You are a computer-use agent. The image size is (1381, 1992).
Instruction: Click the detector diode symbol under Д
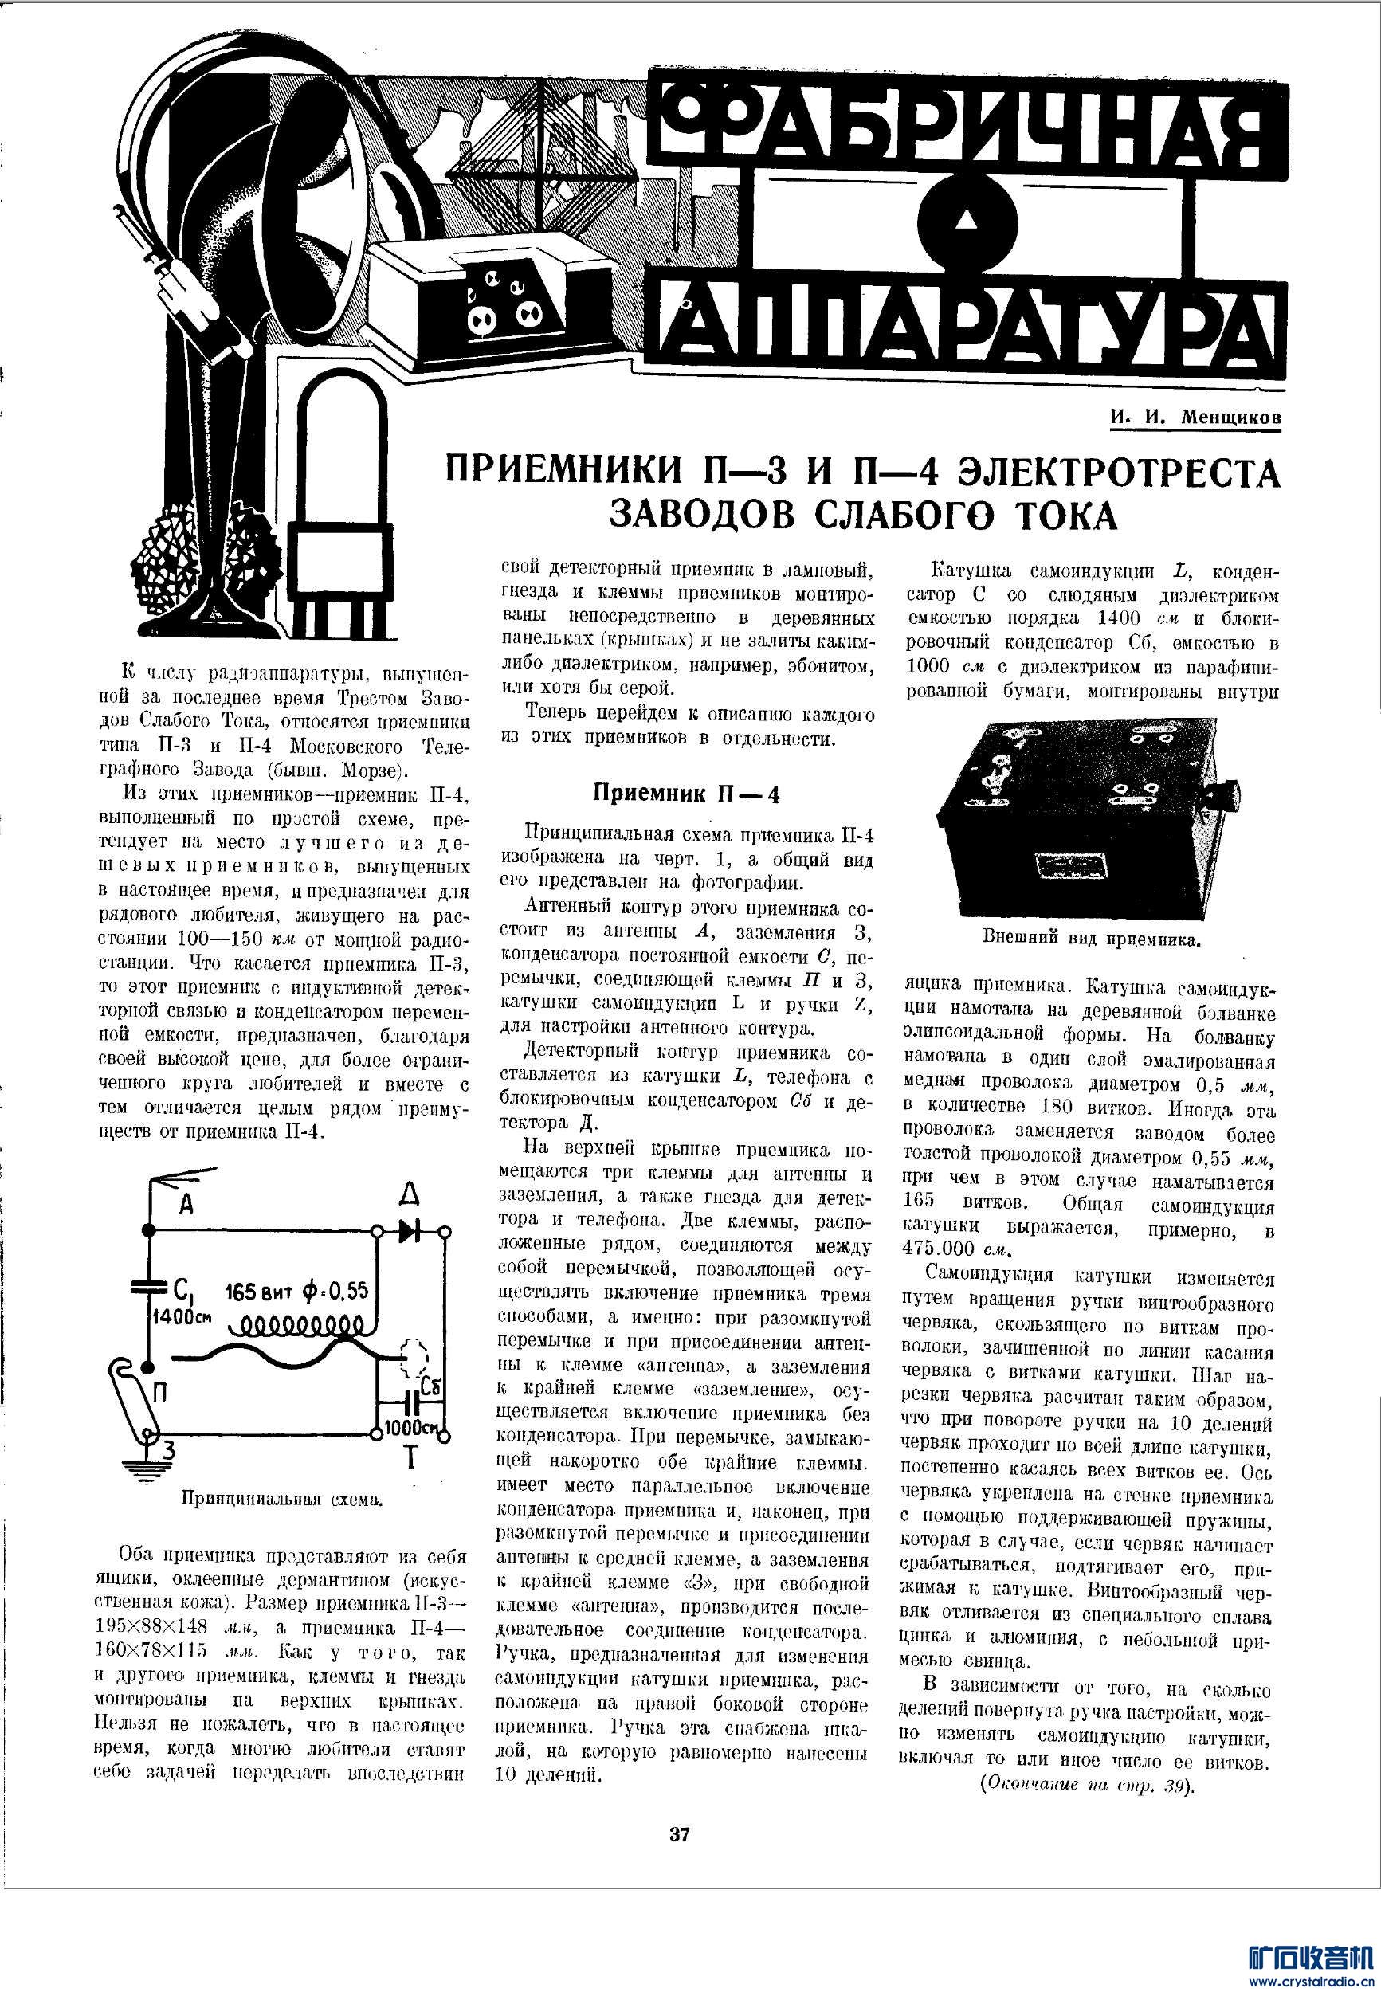pyautogui.click(x=411, y=1233)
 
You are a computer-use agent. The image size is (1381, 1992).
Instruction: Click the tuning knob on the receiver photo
pyautogui.click(x=1226, y=792)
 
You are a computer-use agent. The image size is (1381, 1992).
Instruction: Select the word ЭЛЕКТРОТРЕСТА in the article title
pyautogui.click(x=1121, y=474)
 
